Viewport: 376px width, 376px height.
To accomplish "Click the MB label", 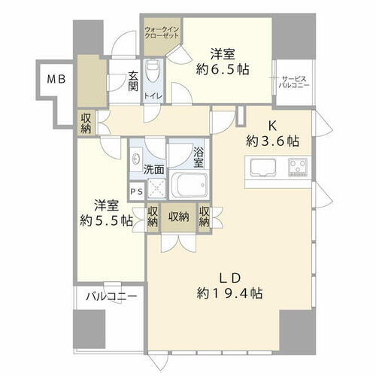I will point(57,78).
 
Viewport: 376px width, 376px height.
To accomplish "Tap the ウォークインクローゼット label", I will point(162,34).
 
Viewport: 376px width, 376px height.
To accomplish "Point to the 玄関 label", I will point(132,80).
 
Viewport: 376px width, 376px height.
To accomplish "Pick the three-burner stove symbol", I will point(298,166).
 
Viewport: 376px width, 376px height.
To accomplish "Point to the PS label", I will point(135,192).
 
